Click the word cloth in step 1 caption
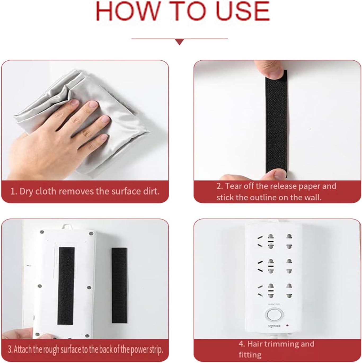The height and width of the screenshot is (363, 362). coord(47,191)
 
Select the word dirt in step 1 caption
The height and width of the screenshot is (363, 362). coord(150,191)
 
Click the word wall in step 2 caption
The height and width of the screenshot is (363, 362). coord(313,198)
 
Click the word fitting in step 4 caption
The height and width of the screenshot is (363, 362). coord(250,355)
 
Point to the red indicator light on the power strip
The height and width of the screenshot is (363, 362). coord(287,330)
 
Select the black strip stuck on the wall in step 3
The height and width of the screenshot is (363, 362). coord(119,285)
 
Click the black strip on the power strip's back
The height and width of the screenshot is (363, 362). coord(66,286)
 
